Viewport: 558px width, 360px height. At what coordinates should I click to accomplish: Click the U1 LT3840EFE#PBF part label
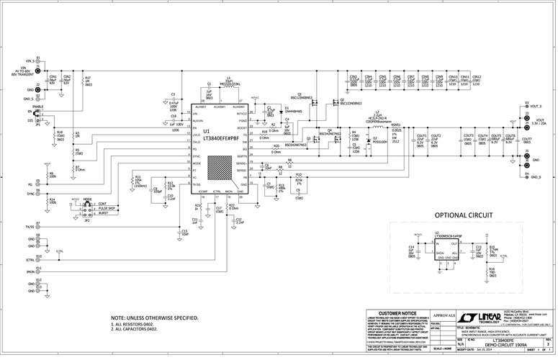pyautogui.click(x=216, y=136)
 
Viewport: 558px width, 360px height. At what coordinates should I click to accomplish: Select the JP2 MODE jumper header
pyautogui.click(x=87, y=209)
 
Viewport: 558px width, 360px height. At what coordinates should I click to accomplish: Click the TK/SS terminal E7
pyautogui.click(x=37, y=226)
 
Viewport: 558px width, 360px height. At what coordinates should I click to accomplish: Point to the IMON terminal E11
pyautogui.click(x=37, y=271)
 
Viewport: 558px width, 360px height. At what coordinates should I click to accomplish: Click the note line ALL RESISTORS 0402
pyautogui.click(x=135, y=325)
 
